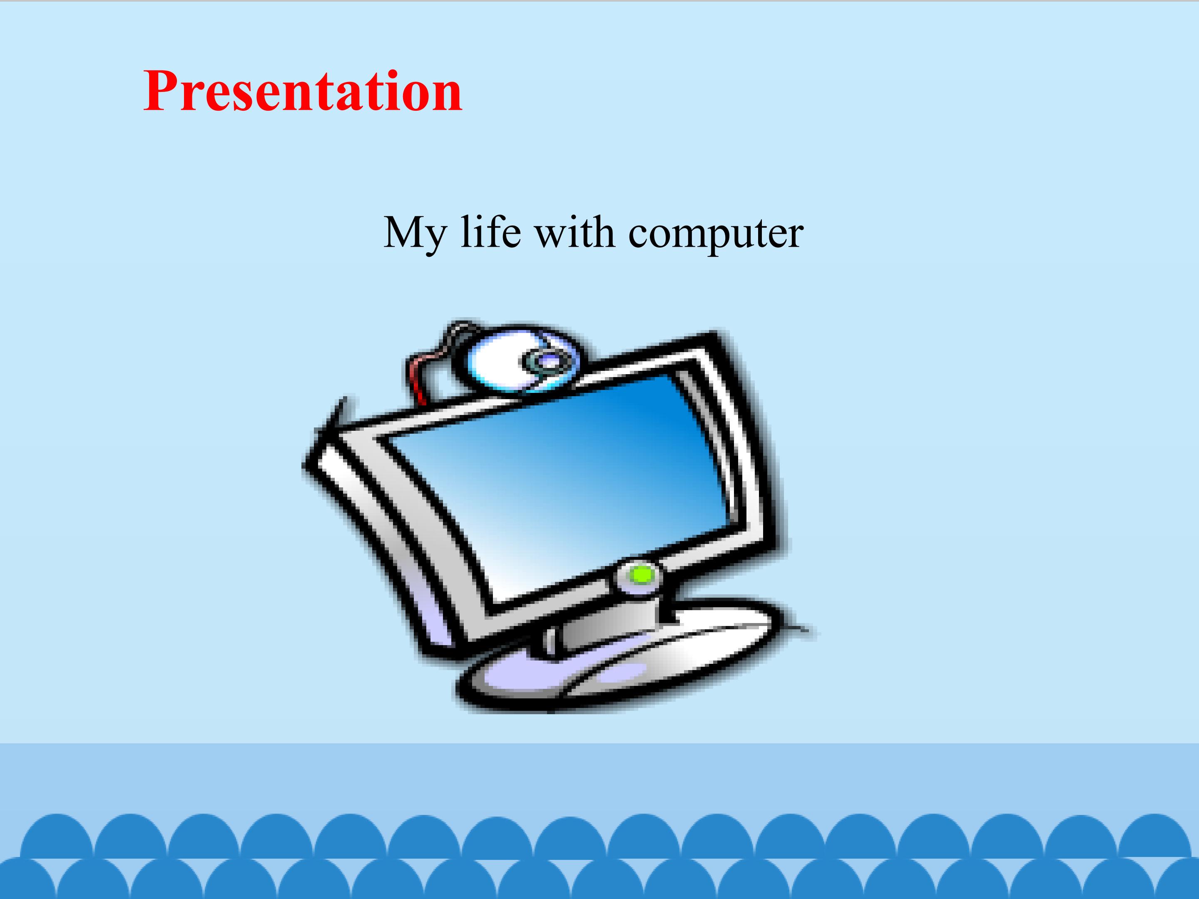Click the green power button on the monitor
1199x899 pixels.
tap(643, 574)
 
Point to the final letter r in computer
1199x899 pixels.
tap(795, 237)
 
